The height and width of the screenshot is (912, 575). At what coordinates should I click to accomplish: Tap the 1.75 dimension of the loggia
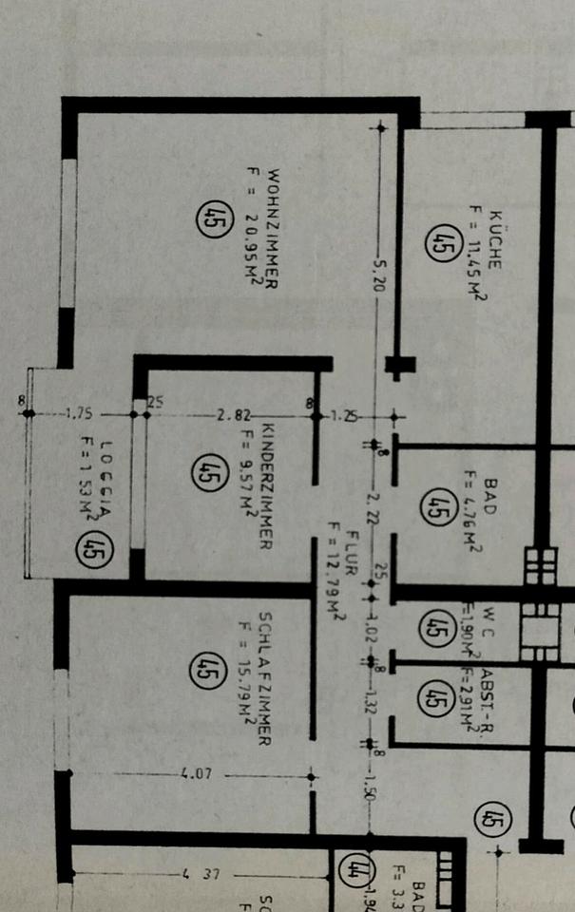click(x=79, y=413)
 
